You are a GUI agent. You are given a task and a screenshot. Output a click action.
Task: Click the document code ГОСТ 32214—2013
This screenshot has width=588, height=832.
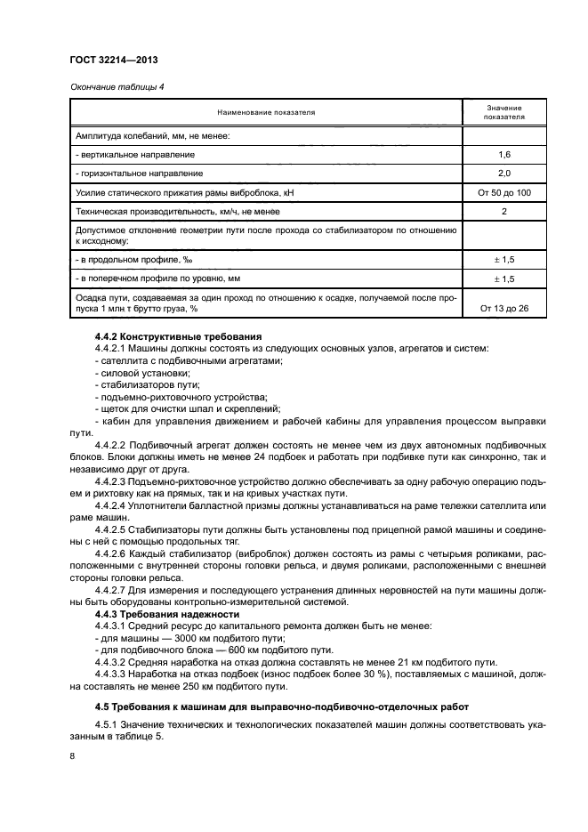pos(114,60)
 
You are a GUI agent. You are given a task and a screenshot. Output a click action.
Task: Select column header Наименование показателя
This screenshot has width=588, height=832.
pos(266,112)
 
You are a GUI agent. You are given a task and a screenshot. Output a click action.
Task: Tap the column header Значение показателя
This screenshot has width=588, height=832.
pos(503,112)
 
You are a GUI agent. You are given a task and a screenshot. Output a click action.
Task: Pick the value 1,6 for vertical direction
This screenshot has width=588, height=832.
pos(503,154)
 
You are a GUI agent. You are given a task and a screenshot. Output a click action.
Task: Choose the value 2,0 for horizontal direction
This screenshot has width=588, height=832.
pos(503,173)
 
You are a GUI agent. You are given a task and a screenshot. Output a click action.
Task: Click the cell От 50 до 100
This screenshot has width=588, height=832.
pos(503,192)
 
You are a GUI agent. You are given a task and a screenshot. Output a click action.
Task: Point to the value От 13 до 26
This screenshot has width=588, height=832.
pos(503,309)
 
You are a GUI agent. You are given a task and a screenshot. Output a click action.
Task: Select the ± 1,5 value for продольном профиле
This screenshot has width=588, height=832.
pos(503,259)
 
